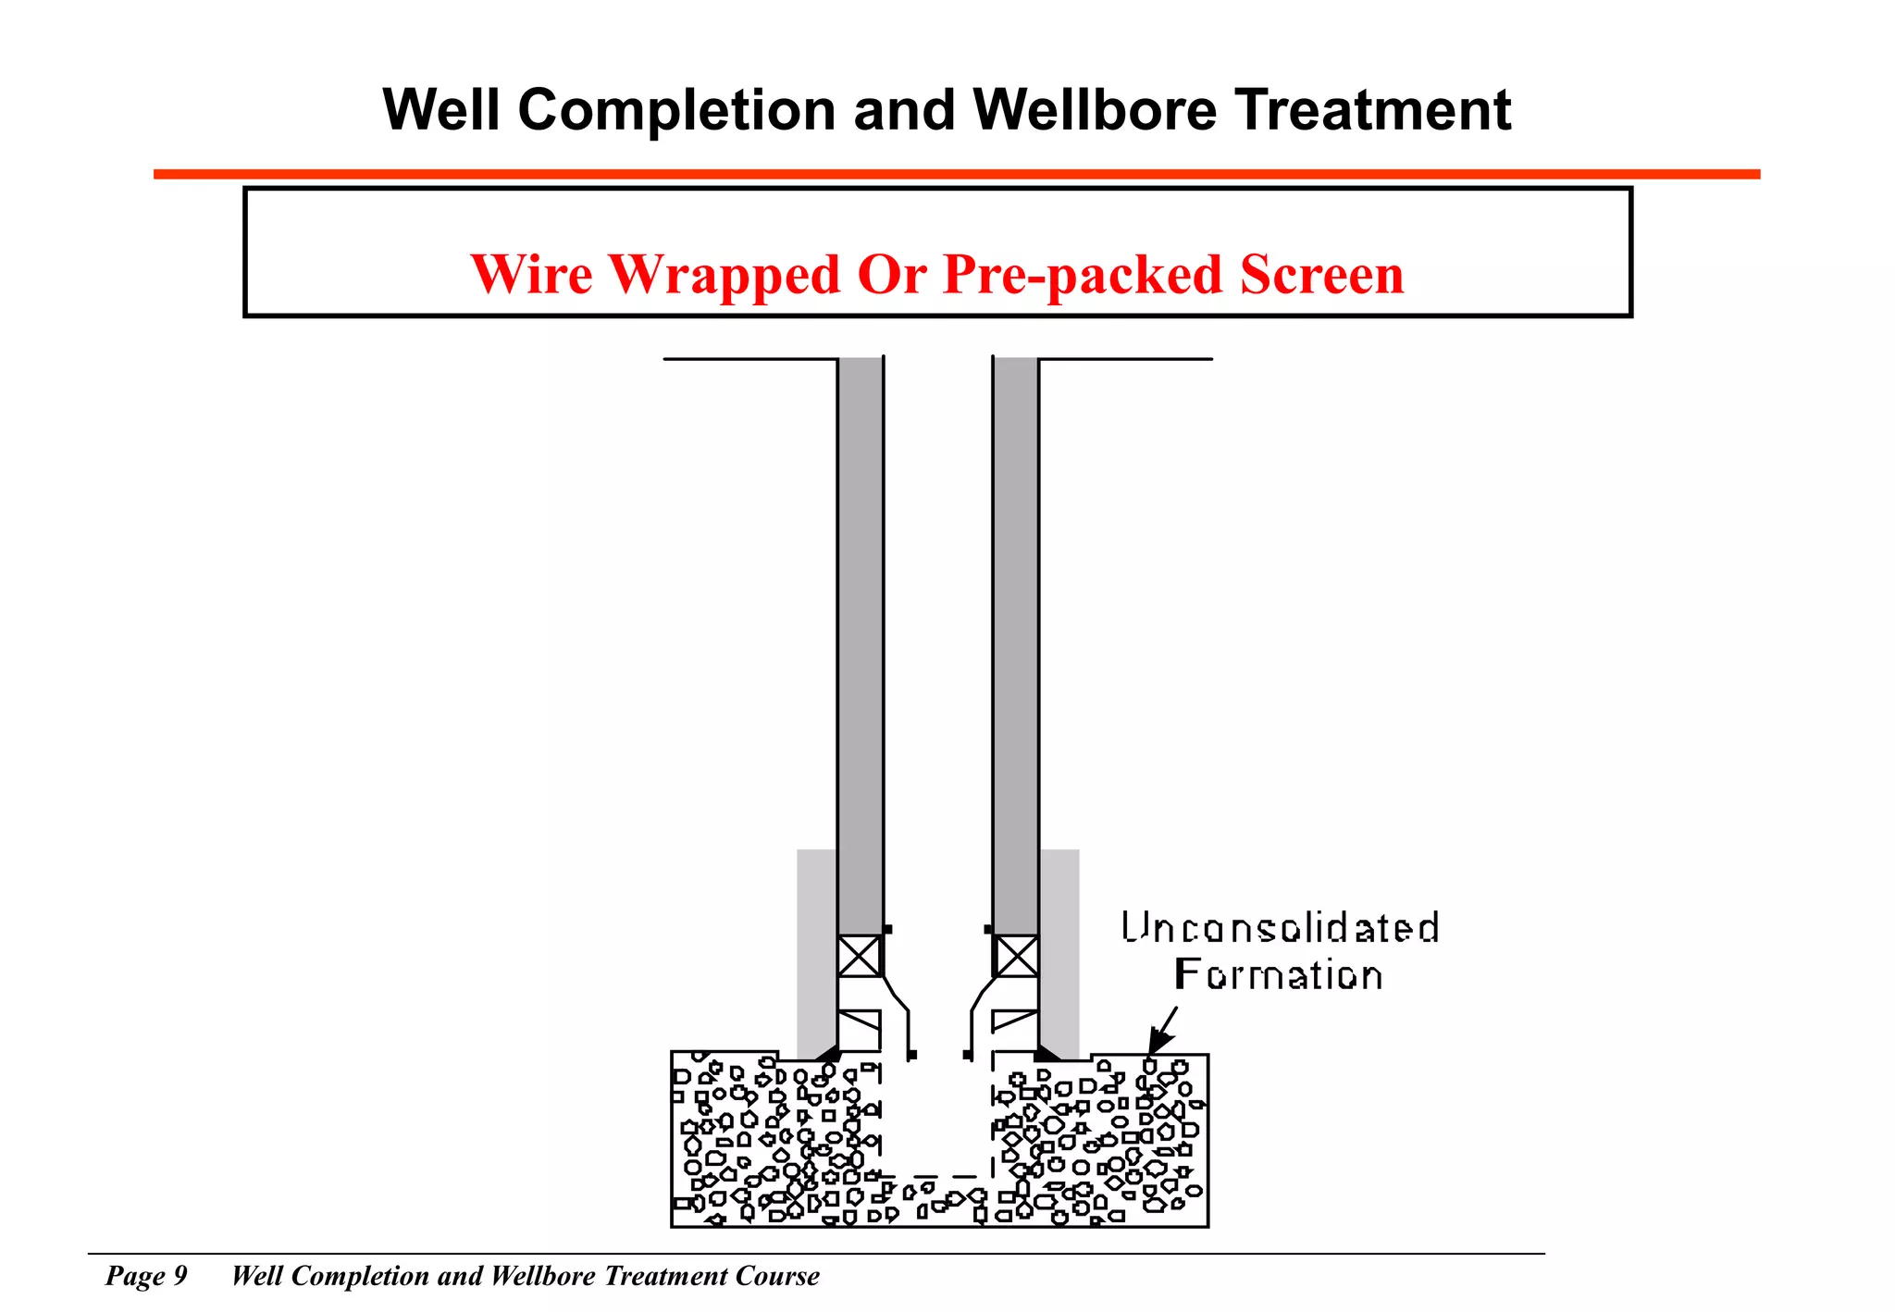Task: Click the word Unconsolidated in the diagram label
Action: pos(1280,928)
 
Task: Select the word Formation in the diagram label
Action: pos(1278,975)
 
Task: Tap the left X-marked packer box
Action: pos(859,957)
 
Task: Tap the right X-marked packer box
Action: pos(1016,957)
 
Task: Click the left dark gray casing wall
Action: pos(860,648)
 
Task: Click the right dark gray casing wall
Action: pos(1015,648)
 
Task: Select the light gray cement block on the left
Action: pos(816,953)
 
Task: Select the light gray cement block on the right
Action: pos(1059,953)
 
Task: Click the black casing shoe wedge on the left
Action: pos(828,1054)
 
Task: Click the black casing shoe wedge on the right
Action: pos(1047,1054)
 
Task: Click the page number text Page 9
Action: pos(146,1276)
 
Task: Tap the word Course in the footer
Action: pos(777,1276)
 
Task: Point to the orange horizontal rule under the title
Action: pos(956,174)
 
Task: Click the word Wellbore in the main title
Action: pos(1095,111)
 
